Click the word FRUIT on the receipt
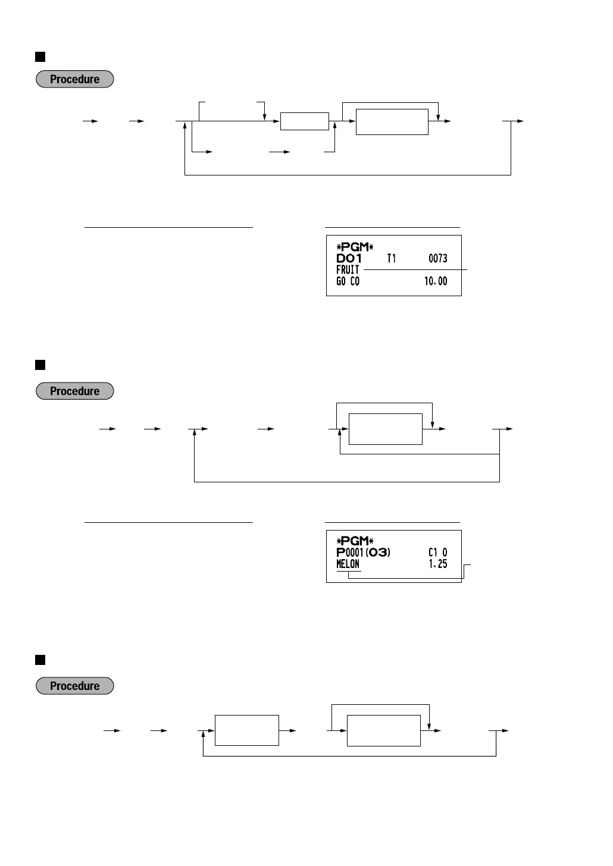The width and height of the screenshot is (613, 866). click(348, 269)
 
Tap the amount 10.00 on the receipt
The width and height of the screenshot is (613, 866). click(435, 281)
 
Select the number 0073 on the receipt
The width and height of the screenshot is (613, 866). click(437, 258)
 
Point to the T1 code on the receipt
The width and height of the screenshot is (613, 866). click(391, 258)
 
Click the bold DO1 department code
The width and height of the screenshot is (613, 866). click(349, 258)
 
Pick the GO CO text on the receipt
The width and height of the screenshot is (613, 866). click(348, 281)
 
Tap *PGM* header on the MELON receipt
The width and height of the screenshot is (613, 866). click(355, 541)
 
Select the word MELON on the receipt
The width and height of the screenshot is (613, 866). click(348, 564)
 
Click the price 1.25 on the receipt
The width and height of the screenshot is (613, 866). click(437, 564)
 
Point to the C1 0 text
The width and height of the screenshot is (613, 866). click(437, 553)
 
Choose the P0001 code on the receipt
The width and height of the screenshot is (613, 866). click(350, 553)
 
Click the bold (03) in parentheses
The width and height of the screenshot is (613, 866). click(378, 553)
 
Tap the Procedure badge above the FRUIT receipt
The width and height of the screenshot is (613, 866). click(74, 79)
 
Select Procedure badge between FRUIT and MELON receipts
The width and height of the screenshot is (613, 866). click(74, 391)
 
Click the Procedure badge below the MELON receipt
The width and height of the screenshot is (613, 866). click(74, 686)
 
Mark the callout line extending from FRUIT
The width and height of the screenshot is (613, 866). click(415, 269)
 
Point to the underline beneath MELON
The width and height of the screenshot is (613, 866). click(348, 572)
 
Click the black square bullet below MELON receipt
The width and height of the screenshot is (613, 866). click(40, 660)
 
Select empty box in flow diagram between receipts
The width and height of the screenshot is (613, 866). click(385, 429)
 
